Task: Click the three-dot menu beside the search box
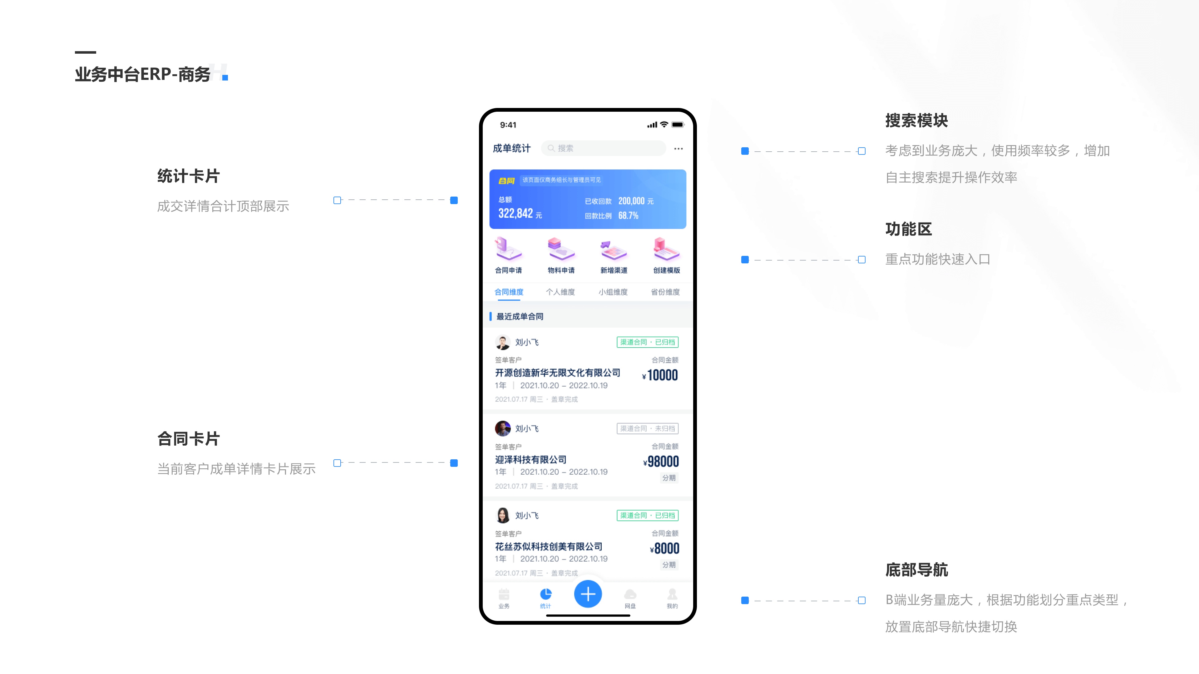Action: [678, 149]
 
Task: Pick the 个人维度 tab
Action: [560, 292]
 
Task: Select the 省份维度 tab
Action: [665, 292]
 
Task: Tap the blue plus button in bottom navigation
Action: [588, 594]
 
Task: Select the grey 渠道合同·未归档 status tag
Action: [648, 428]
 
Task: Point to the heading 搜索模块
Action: [916, 120]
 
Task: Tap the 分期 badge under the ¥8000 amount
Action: [669, 565]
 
